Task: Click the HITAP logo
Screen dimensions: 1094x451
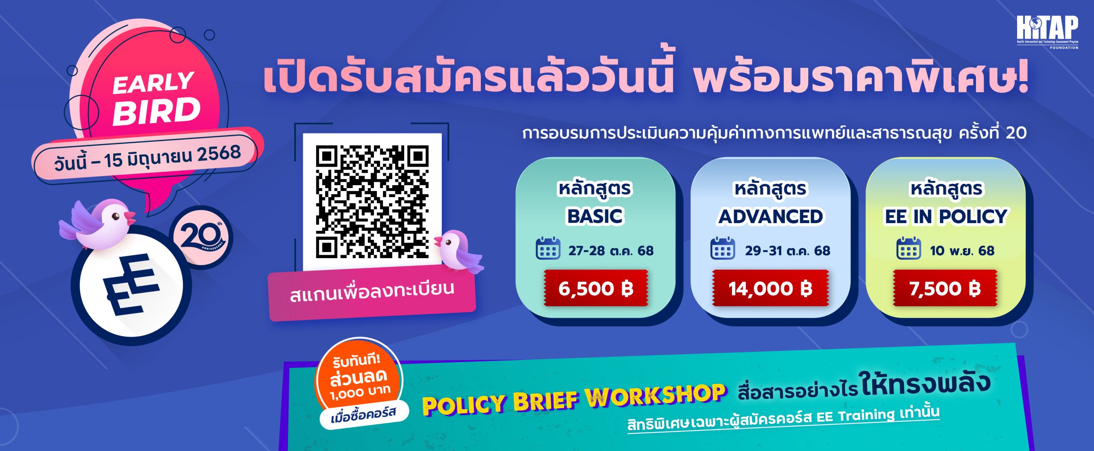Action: tap(1047, 32)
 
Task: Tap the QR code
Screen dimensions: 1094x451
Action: tap(372, 202)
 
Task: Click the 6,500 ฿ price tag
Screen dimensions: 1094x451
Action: tap(596, 288)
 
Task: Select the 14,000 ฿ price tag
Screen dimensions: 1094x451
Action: tap(771, 288)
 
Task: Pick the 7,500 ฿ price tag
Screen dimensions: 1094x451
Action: tap(945, 288)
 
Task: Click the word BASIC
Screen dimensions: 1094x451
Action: tap(595, 216)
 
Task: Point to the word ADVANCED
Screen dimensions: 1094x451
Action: tap(771, 216)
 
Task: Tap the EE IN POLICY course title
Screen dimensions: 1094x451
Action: tap(946, 216)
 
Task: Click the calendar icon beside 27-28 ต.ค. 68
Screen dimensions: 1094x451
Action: tap(548, 248)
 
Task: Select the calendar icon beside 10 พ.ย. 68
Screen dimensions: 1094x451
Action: tap(909, 248)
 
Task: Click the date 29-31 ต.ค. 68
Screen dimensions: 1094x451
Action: tap(788, 251)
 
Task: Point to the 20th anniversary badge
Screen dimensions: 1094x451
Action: tap(201, 238)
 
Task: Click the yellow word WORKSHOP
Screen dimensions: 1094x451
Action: tap(656, 398)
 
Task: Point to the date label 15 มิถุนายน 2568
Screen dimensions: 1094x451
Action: tap(173, 156)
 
